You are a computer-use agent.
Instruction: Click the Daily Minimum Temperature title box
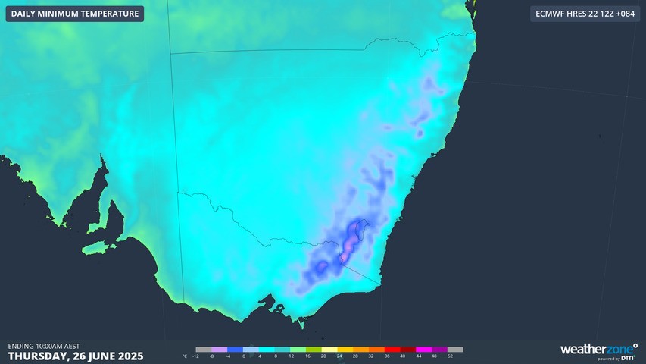tap(74, 14)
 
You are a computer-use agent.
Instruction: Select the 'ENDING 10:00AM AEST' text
tap(44, 347)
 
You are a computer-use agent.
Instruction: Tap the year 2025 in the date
tap(128, 356)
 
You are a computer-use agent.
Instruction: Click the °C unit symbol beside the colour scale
tap(185, 356)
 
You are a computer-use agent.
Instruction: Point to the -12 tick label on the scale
tap(196, 356)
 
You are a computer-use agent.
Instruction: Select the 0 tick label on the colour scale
tap(244, 356)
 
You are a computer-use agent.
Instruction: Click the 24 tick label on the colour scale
tap(339, 356)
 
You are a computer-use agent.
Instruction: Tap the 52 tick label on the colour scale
tap(450, 356)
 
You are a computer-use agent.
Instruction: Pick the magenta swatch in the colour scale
tap(423, 350)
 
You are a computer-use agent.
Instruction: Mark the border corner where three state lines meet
tap(179, 193)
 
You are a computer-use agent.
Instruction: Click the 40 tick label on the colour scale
tap(402, 356)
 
